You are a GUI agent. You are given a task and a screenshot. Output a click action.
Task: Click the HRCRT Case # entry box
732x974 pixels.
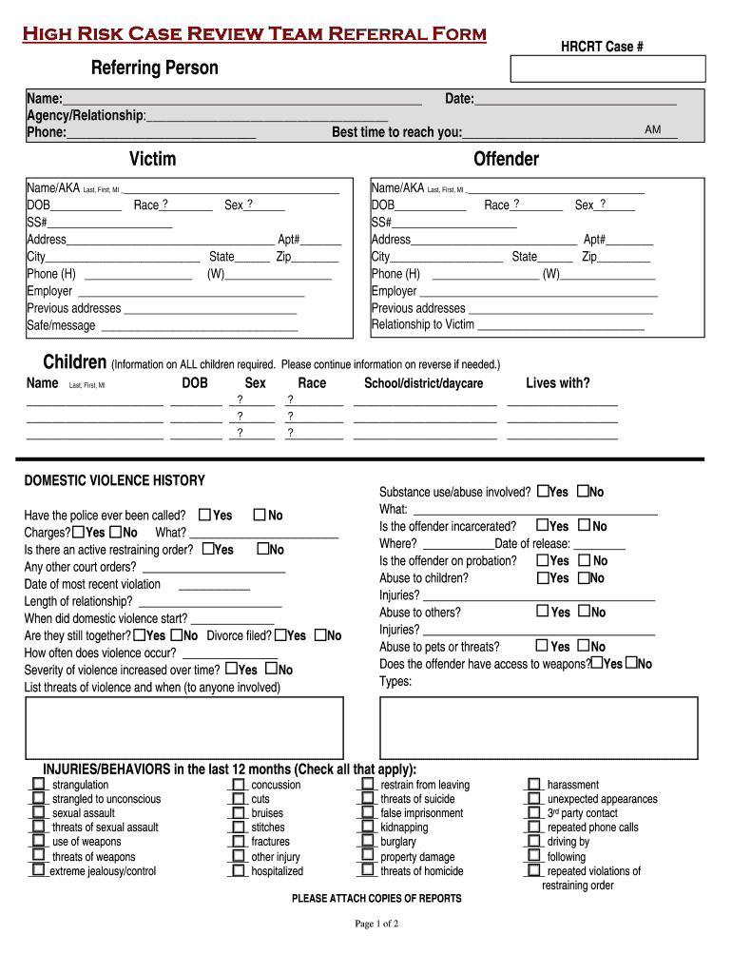(x=608, y=68)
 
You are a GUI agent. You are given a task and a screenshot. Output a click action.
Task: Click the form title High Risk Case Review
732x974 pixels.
(x=255, y=35)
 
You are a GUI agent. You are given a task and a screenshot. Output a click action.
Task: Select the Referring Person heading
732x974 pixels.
(x=154, y=68)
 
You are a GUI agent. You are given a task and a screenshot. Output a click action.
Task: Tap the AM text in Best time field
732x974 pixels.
(x=653, y=129)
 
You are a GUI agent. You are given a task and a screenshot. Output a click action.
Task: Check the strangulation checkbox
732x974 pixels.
(x=39, y=785)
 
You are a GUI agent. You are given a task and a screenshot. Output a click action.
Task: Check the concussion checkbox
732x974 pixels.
(x=239, y=785)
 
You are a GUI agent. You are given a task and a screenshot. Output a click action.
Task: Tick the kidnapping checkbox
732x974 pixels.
(x=367, y=828)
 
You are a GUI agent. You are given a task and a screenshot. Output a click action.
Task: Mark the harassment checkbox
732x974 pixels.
(x=533, y=785)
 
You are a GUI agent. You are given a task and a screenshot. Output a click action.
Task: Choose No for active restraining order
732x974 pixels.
(x=263, y=549)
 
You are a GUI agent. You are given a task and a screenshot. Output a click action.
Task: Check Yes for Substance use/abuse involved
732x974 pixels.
(x=543, y=492)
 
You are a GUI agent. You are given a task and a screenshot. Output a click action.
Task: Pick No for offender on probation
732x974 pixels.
(x=585, y=560)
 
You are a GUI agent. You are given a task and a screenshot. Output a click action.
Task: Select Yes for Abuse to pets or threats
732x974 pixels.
(x=543, y=646)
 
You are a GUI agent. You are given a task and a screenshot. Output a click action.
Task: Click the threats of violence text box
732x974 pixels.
(x=183, y=727)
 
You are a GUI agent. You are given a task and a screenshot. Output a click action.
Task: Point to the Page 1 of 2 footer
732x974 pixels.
(x=376, y=924)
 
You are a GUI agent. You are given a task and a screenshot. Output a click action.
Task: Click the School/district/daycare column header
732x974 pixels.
(x=423, y=383)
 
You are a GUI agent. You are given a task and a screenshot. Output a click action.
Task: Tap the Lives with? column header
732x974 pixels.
(x=557, y=383)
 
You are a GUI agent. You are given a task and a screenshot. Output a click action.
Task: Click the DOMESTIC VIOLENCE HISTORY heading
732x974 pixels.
(x=114, y=481)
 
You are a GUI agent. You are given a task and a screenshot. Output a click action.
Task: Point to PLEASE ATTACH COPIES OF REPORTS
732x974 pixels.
(x=376, y=899)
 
